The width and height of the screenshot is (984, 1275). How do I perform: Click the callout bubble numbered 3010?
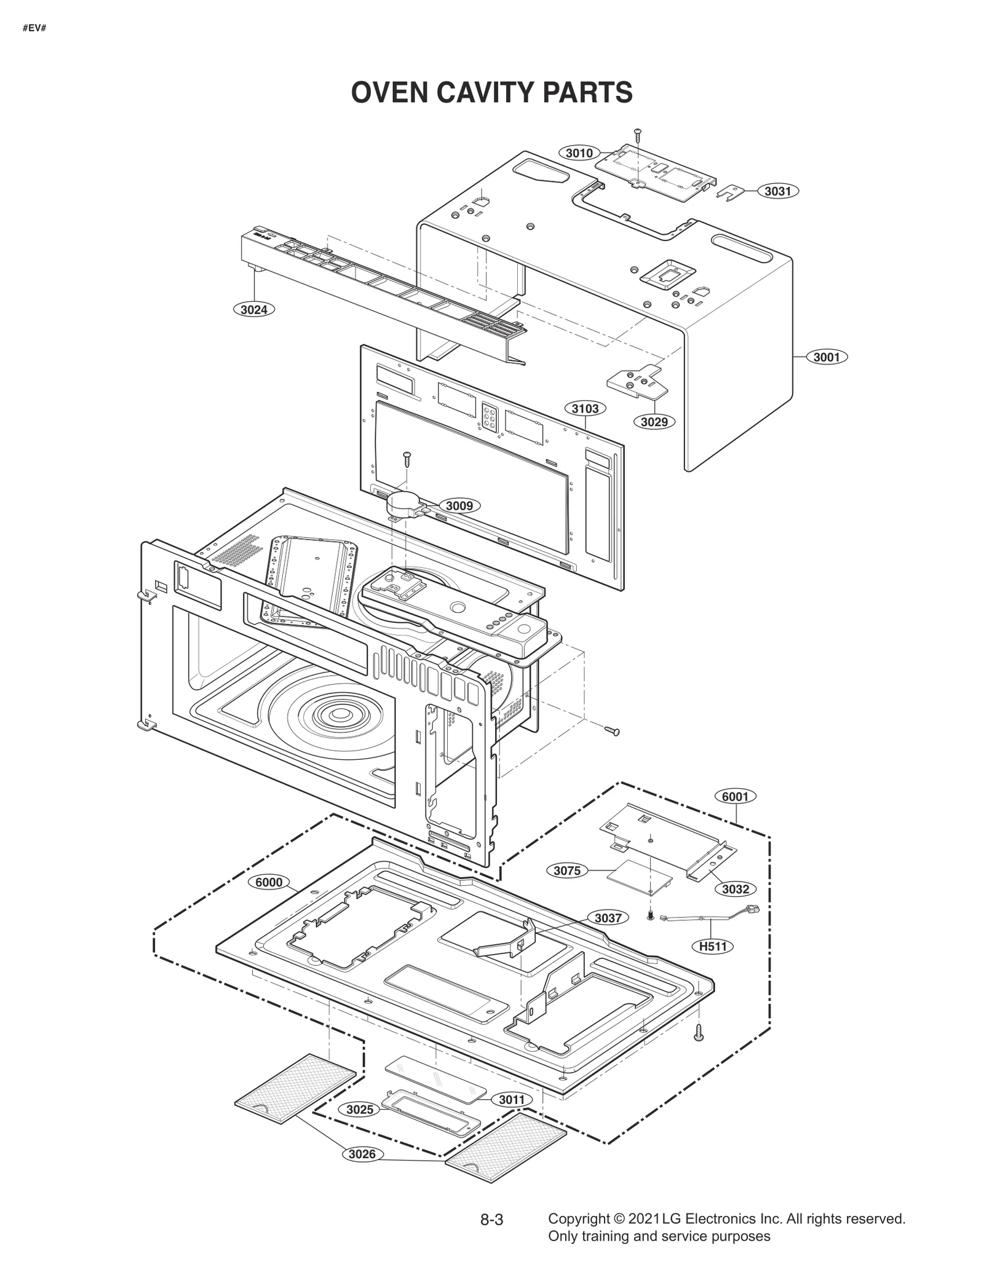579,153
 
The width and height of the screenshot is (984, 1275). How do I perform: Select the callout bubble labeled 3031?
777,191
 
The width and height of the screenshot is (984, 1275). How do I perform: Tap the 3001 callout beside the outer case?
826,357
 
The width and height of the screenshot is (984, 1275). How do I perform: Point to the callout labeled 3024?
253,310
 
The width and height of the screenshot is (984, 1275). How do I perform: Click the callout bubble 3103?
584,409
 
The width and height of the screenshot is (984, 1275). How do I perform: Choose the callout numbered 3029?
654,422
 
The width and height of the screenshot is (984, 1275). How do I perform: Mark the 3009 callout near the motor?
459,506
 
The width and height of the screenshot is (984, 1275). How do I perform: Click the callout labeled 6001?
735,797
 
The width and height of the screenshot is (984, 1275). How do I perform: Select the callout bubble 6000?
269,882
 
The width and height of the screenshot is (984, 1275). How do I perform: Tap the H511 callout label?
713,946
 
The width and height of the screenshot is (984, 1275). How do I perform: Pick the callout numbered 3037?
608,918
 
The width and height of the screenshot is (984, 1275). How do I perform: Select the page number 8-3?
491,1220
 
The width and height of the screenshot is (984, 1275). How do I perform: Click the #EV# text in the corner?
34,29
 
